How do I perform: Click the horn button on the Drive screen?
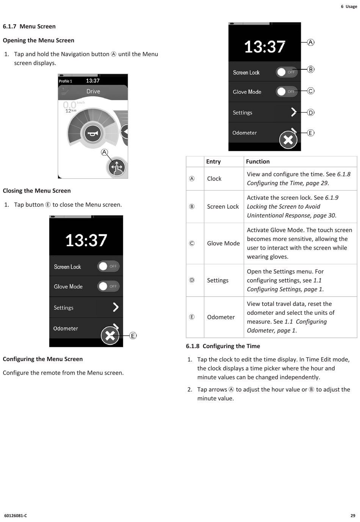[x=93, y=133]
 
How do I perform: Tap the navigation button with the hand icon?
[x=117, y=167]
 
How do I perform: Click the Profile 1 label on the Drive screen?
[x=66, y=81]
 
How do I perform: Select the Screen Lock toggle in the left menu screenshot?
[x=108, y=266]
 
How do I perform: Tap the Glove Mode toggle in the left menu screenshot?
[x=108, y=286]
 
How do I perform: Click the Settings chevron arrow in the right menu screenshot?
[x=293, y=112]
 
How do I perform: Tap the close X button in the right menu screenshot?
[x=288, y=140]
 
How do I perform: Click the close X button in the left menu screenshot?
[x=110, y=336]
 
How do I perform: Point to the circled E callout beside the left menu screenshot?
[x=133, y=336]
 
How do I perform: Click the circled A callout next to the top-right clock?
[x=311, y=42]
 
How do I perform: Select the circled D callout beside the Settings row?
[x=311, y=113]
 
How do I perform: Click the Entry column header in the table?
[x=213, y=161]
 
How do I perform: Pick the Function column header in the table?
[x=258, y=161]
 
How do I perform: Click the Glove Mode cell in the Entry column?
[x=223, y=243]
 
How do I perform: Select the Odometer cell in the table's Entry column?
[x=221, y=317]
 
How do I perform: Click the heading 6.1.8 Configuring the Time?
[x=223, y=346]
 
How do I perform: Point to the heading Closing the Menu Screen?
[x=37, y=191]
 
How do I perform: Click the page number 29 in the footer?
[x=353, y=516]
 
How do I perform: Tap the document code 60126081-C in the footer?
[x=16, y=516]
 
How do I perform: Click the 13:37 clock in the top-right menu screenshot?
[x=265, y=47]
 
